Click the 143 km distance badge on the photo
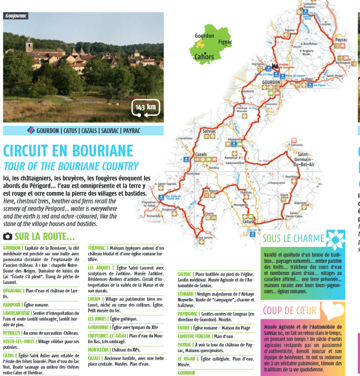(146, 108)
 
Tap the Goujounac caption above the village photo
(15, 15)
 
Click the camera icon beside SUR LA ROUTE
(8, 236)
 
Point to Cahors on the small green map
(204, 57)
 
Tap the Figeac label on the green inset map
(224, 42)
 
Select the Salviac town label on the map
(209, 130)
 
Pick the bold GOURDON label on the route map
(271, 82)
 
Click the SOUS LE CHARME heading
(293, 238)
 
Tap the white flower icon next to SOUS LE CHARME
(335, 240)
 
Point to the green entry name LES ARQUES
(100, 268)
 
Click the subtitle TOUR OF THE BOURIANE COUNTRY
(71, 166)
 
